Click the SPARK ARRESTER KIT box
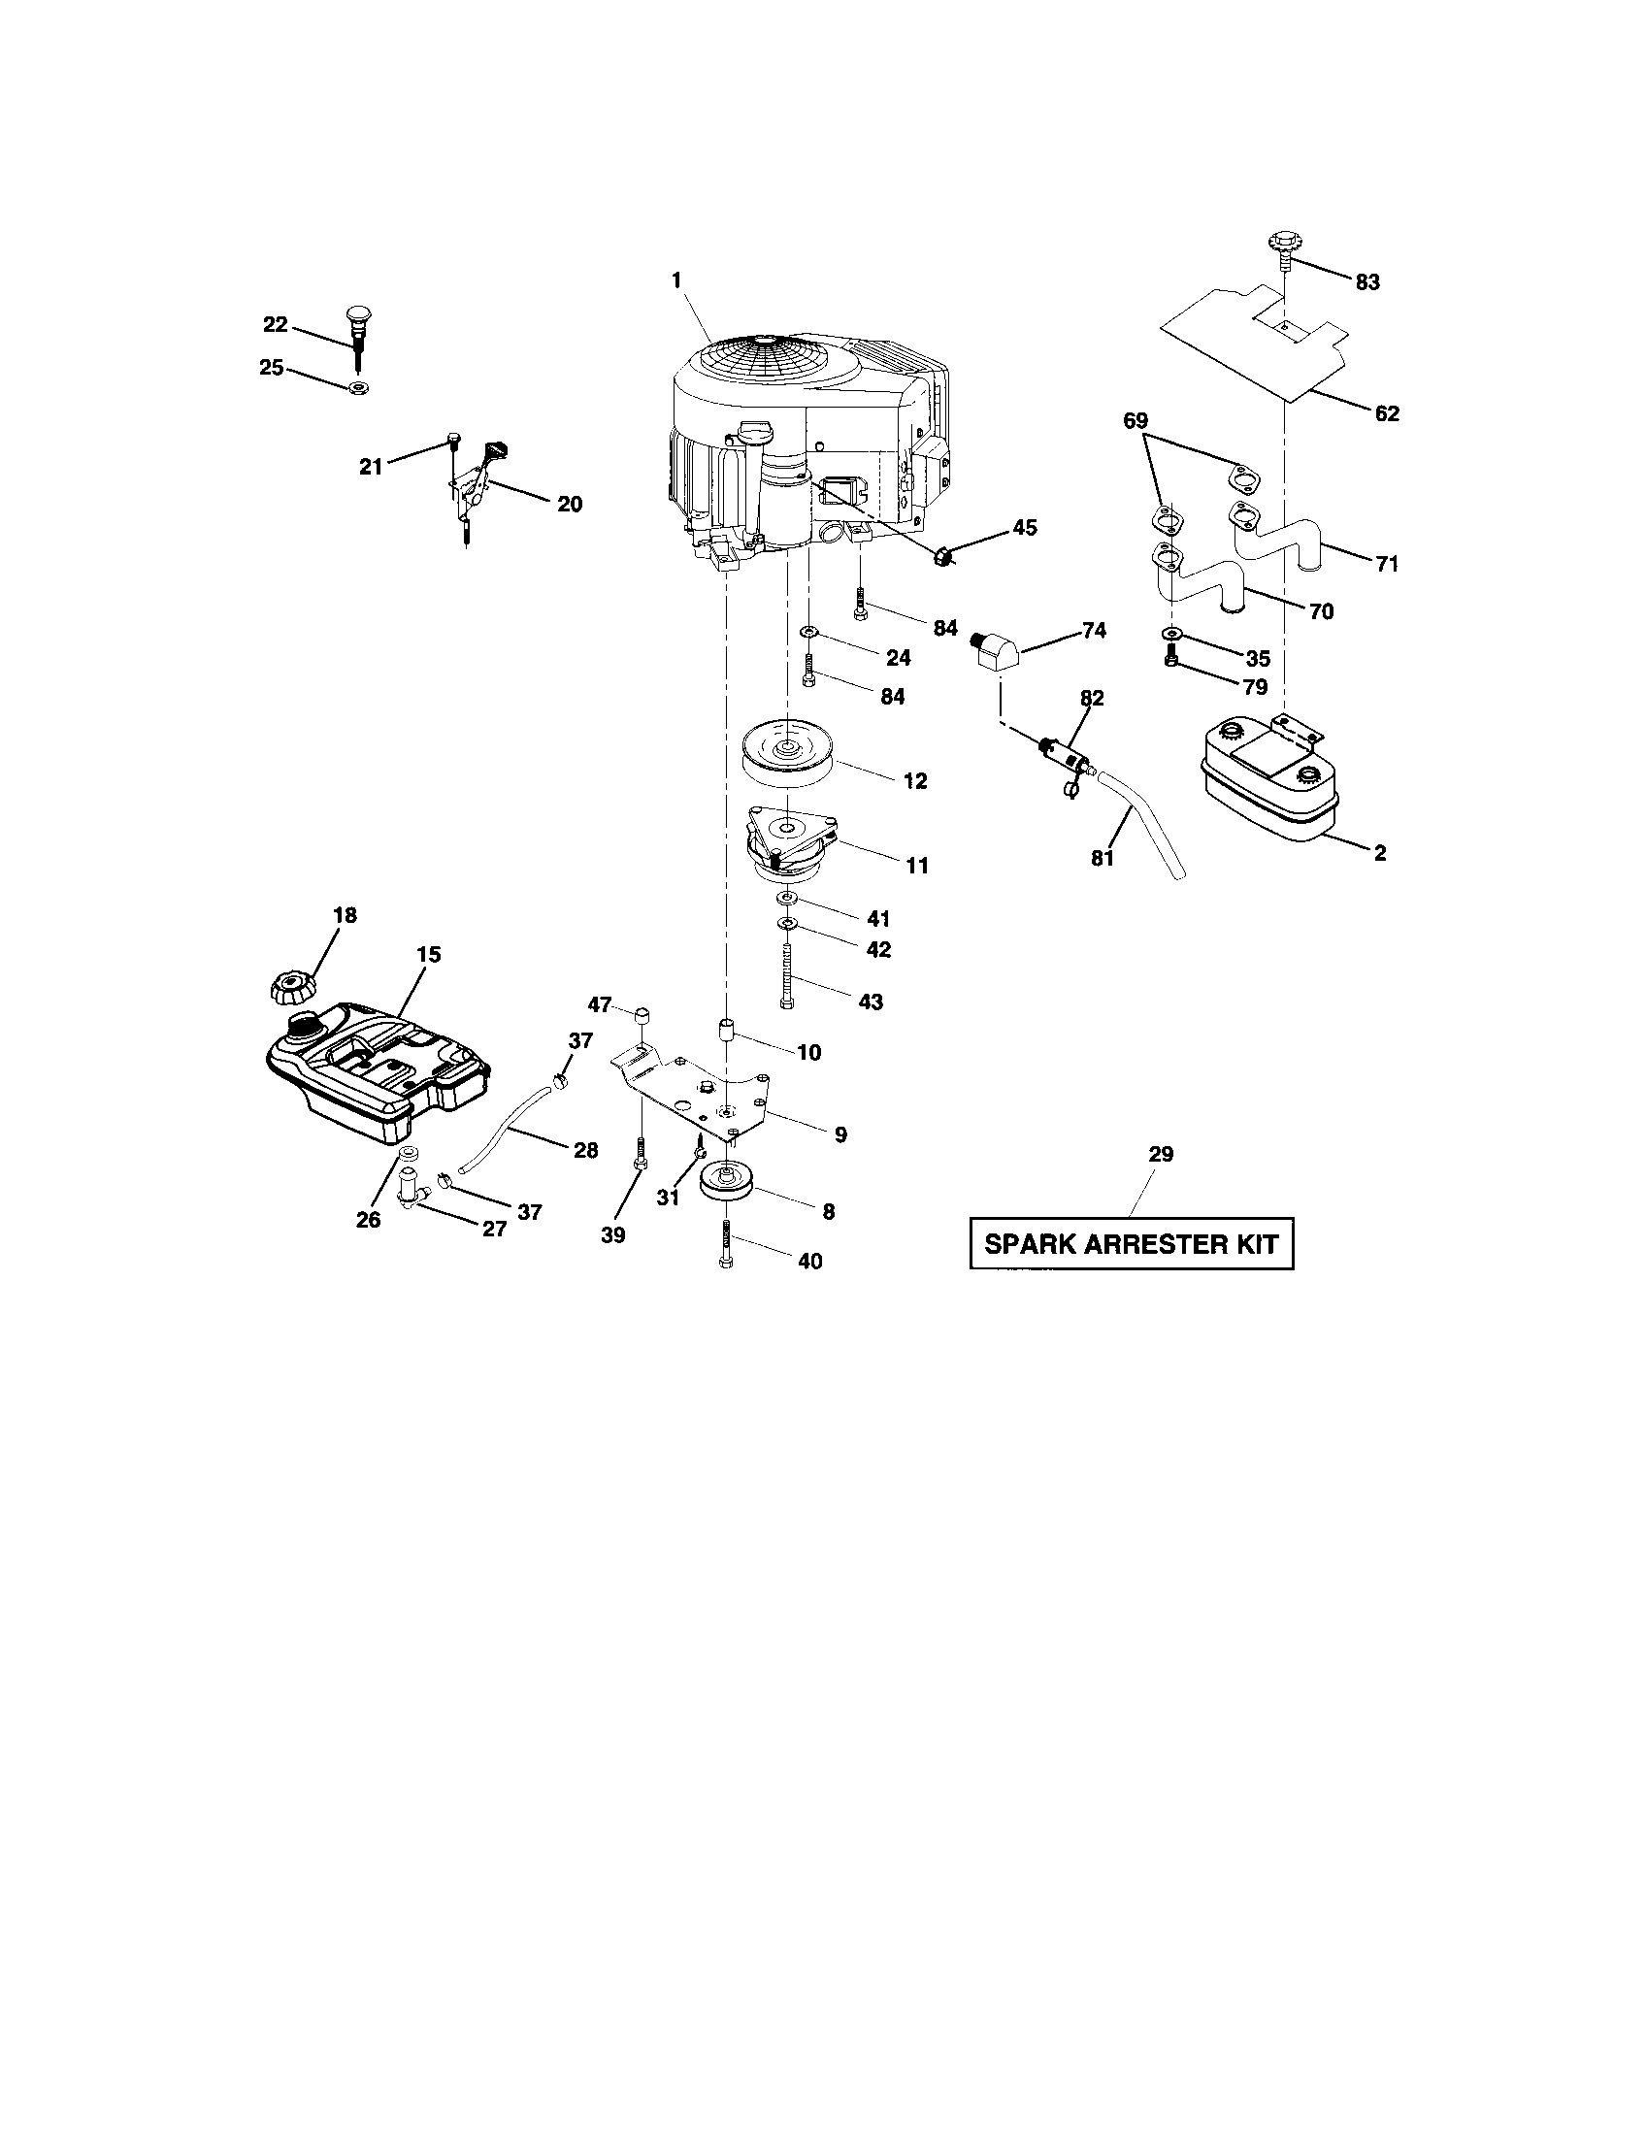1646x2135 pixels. tap(1131, 1243)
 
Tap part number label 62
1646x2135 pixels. tap(1386, 413)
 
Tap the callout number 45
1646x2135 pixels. tap(1023, 528)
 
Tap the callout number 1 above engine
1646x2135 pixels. tap(675, 280)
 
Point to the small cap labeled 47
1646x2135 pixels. tap(643, 1013)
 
